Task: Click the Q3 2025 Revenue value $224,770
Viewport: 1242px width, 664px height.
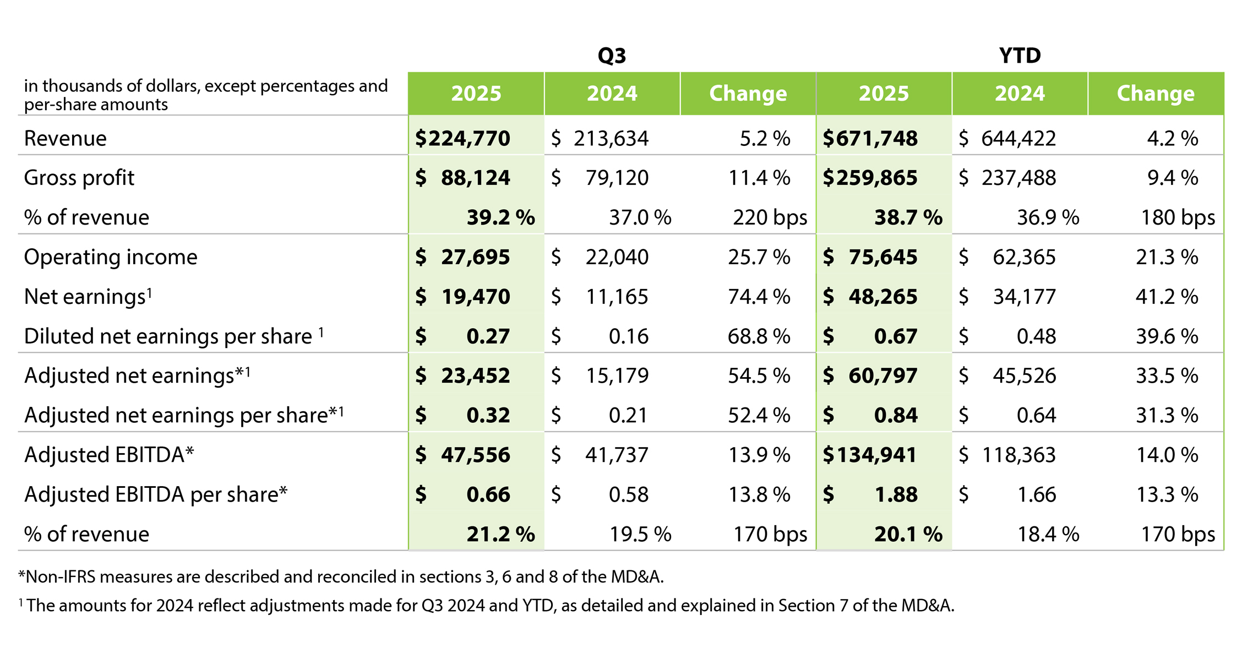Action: coord(462,138)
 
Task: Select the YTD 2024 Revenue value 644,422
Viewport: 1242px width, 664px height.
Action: coord(1018,138)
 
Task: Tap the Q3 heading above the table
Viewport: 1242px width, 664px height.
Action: coord(612,56)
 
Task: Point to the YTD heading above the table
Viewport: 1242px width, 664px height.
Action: coord(1020,56)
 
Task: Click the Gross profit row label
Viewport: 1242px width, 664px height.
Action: coord(79,178)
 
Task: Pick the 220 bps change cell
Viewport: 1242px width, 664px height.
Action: coord(770,217)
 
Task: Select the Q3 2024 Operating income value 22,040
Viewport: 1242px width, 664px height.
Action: coord(617,257)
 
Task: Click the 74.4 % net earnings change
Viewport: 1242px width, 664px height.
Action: coord(759,297)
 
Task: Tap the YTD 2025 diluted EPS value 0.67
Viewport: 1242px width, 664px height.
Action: coord(895,336)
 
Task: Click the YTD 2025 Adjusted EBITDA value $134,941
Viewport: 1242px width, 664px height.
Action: coord(870,455)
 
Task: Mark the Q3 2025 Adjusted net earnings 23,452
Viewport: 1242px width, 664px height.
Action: coord(475,375)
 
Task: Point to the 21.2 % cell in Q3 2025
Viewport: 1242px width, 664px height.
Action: coord(500,534)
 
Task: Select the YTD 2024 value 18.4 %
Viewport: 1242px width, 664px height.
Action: coord(1048,534)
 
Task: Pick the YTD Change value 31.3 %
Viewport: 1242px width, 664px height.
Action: coord(1167,415)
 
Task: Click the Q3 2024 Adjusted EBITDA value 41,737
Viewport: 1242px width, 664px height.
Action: coord(617,455)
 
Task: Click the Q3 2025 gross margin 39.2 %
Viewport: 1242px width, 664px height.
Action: coord(500,217)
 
